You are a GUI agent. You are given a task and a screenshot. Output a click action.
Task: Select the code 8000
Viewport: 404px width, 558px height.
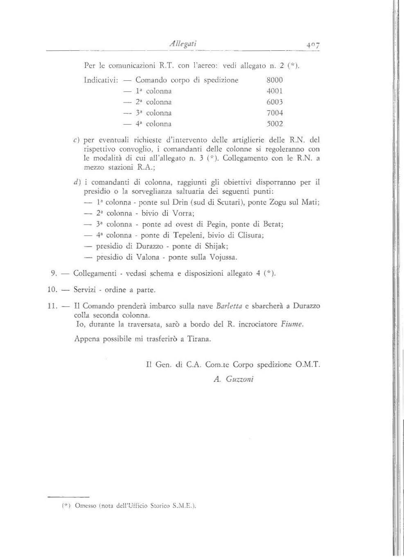(x=274, y=80)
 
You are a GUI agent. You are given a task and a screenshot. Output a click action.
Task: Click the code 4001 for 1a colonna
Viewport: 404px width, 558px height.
(x=274, y=91)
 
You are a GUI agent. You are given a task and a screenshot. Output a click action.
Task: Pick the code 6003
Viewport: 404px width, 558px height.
(x=274, y=102)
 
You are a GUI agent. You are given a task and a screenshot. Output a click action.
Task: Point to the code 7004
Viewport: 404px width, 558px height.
(x=274, y=113)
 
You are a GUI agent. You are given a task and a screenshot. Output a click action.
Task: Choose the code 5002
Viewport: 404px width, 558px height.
(x=274, y=124)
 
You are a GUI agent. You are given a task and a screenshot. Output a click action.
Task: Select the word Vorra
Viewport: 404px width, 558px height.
(x=182, y=213)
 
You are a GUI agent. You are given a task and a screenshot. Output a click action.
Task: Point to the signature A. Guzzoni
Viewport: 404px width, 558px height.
(x=234, y=379)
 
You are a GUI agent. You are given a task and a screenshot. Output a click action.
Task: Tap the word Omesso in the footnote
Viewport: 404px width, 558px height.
(x=85, y=506)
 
